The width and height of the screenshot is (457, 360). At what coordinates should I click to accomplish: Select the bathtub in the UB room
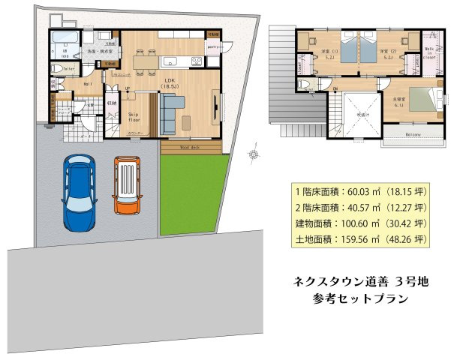[x=66, y=39]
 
